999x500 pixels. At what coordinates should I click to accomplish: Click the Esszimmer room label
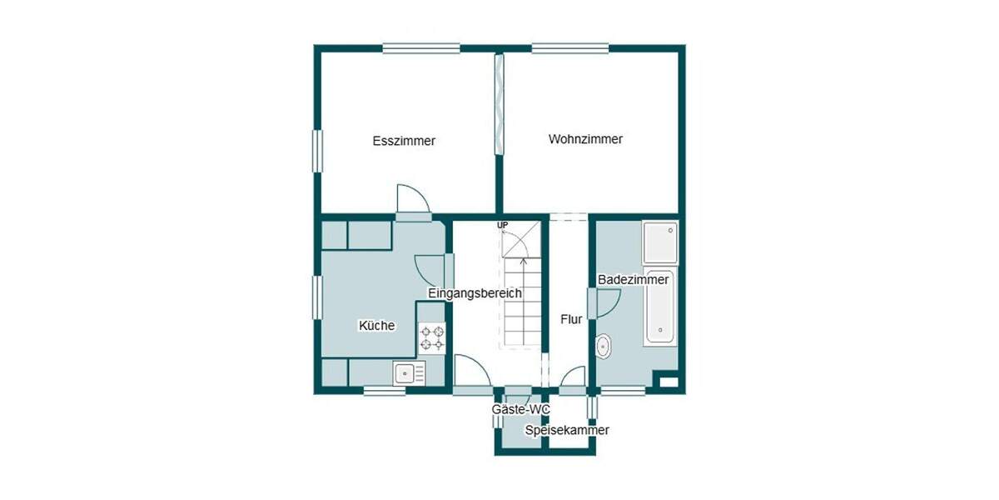click(x=404, y=141)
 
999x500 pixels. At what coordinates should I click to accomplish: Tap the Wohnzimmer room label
click(x=585, y=139)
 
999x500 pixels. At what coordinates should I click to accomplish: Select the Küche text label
click(x=376, y=326)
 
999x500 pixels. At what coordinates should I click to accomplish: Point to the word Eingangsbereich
click(x=475, y=293)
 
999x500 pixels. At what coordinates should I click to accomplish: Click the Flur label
click(x=571, y=319)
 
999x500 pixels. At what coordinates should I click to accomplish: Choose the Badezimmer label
click(x=634, y=280)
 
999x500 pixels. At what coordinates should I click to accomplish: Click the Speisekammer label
click(x=567, y=430)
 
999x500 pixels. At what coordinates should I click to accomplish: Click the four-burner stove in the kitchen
click(x=431, y=337)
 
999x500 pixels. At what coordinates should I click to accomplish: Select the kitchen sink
click(x=407, y=372)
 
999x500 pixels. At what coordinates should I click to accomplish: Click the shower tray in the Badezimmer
click(x=660, y=242)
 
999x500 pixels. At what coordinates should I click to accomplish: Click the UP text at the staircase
click(x=502, y=226)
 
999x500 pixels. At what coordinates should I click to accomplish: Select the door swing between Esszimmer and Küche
click(x=412, y=198)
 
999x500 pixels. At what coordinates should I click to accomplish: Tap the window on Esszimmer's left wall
click(x=317, y=151)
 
